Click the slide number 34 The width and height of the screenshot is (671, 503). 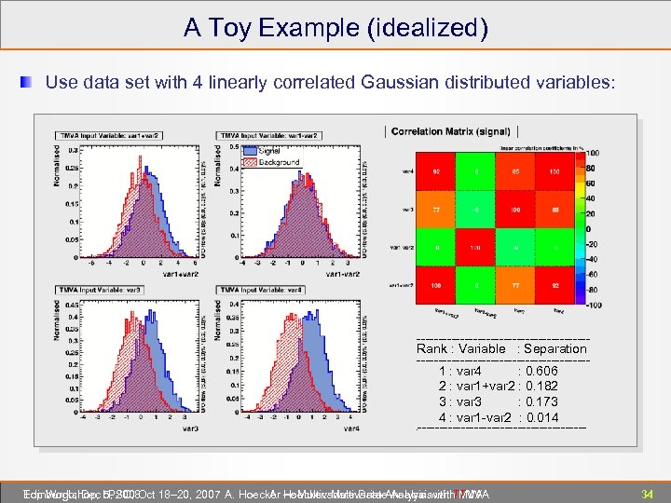coord(644,493)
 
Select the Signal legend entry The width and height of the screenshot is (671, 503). coord(269,151)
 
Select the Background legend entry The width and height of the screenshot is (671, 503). coord(279,162)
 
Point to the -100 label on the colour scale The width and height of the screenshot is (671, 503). coord(593,305)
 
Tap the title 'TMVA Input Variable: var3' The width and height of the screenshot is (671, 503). coord(99,290)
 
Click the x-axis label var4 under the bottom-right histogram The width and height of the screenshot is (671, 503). coord(350,429)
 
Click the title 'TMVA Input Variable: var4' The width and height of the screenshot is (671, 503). coord(259,290)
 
